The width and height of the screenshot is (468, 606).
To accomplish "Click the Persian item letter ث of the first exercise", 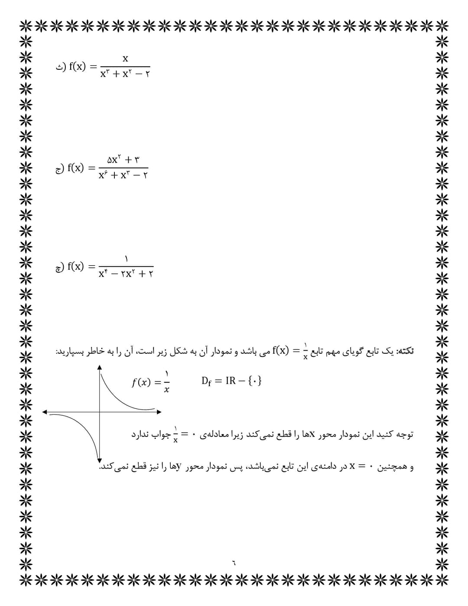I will click(x=60, y=68).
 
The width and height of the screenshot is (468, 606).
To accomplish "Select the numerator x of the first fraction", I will click(x=125, y=58).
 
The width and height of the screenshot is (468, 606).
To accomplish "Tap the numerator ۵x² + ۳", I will click(x=123, y=160).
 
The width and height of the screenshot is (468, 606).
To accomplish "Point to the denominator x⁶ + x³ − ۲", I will click(x=123, y=175).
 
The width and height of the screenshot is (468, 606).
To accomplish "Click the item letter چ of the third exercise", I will click(x=59, y=267).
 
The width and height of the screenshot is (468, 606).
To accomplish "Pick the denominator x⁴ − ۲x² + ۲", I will click(x=126, y=274).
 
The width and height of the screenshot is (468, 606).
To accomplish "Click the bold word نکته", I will click(x=406, y=351).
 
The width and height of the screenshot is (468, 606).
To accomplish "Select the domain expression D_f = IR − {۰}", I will click(x=231, y=381).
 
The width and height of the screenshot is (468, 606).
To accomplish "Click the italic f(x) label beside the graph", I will click(x=141, y=382).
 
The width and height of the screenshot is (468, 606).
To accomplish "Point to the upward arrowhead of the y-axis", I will click(x=100, y=367).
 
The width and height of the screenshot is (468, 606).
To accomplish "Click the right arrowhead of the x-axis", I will click(x=159, y=412).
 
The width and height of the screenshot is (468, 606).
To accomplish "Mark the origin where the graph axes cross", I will click(x=100, y=412).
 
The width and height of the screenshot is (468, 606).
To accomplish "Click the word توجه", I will click(x=405, y=434).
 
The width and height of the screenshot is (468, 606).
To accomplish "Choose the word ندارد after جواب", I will click(x=140, y=434).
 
